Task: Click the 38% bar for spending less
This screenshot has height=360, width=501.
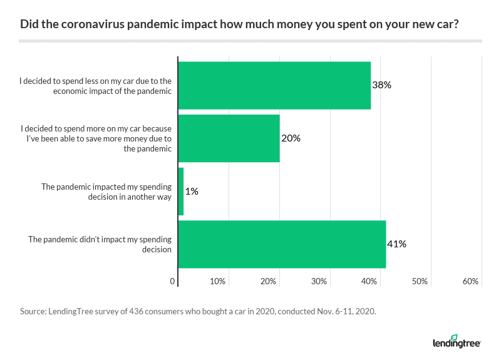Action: pos(274,85)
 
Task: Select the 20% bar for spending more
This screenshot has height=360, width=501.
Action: pos(229,138)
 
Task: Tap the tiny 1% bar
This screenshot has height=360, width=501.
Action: pos(181,192)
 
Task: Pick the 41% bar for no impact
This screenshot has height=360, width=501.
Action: pos(282,244)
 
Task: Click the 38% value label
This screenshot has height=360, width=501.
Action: pos(381,85)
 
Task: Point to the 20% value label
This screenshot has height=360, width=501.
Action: pos(291,138)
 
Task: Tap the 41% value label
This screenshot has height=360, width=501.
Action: pos(396,244)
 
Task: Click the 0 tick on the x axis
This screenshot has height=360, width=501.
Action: pos(173,282)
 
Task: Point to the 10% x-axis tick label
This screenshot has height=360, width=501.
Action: pos(217,282)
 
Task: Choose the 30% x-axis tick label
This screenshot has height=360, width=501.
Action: pos(319,282)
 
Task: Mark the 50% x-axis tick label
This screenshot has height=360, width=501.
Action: pos(420,282)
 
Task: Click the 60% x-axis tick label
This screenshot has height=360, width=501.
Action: pos(471,282)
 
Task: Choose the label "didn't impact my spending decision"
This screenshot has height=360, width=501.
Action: pos(100,244)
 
